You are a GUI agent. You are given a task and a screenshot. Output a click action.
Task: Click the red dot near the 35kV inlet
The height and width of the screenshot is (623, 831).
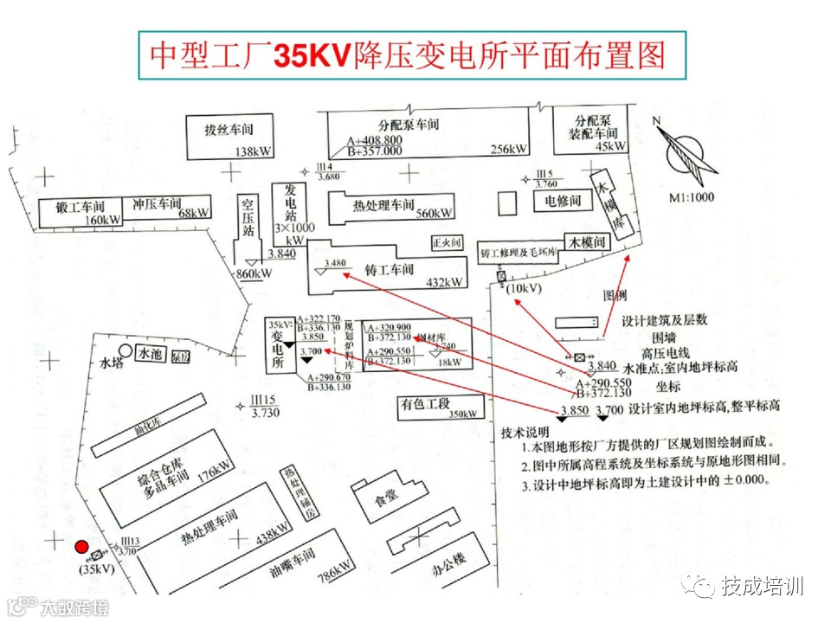(x=81, y=547)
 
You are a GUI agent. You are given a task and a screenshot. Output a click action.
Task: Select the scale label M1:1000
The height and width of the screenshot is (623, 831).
(x=691, y=196)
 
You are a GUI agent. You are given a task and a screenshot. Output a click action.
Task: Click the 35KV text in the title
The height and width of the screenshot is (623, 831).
(x=311, y=56)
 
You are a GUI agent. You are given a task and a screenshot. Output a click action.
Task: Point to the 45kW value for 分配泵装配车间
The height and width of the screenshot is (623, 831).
(x=610, y=146)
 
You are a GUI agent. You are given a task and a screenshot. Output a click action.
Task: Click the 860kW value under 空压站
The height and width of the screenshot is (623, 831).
(x=254, y=274)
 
